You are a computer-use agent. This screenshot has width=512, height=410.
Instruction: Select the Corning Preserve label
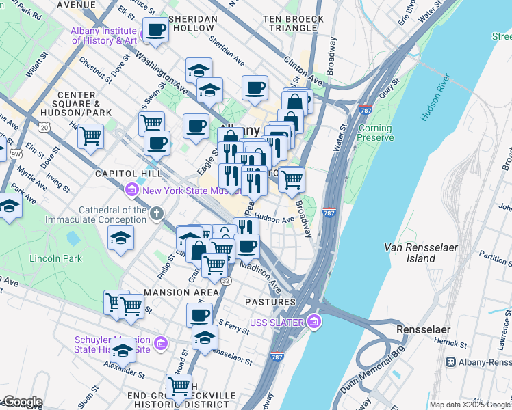pyautogui.click(x=375, y=133)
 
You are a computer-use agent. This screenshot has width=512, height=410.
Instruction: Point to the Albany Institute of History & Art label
pyautogui.click(x=104, y=36)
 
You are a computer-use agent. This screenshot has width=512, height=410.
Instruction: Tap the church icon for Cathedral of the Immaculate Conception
pyautogui.click(x=157, y=215)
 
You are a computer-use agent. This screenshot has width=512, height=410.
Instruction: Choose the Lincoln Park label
pyautogui.click(x=55, y=258)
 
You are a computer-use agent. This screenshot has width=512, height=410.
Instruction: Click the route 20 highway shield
pyautogui.click(x=45, y=127)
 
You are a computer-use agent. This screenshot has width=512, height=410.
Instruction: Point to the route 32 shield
pyautogui.click(x=226, y=280)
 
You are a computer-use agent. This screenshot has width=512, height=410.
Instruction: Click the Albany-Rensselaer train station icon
pyautogui.click(x=452, y=362)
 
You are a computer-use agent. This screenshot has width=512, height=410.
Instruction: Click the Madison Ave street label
pyautogui.click(x=261, y=275)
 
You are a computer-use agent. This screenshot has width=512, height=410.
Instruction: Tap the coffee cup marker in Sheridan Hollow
pyautogui.click(x=155, y=31)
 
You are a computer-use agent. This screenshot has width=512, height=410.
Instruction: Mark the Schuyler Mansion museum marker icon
pyautogui.click(x=160, y=342)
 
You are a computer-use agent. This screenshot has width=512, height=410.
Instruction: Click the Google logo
pyautogui.click(x=23, y=402)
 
